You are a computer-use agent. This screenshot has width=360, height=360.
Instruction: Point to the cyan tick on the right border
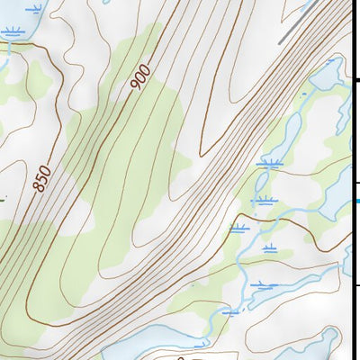pyautogui.click(x=356, y=201)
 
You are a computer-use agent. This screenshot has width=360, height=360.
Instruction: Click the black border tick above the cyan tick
pyautogui.click(x=356, y=81)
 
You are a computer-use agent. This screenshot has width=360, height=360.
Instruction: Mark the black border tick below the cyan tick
pyautogui.click(x=356, y=286)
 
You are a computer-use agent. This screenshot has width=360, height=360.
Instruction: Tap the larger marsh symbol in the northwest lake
pyautogui.click(x=12, y=32)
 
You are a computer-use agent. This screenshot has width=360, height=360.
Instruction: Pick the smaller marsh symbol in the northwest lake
pyautogui.click(x=34, y=9)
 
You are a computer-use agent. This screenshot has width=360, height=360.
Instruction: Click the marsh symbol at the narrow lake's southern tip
pyautogui.click(x=268, y=164)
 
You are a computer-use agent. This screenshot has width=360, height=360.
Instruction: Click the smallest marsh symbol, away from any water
pyautogui.click(x=270, y=247)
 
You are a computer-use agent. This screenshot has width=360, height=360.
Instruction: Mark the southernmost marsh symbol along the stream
pyautogui.click(x=230, y=312)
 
